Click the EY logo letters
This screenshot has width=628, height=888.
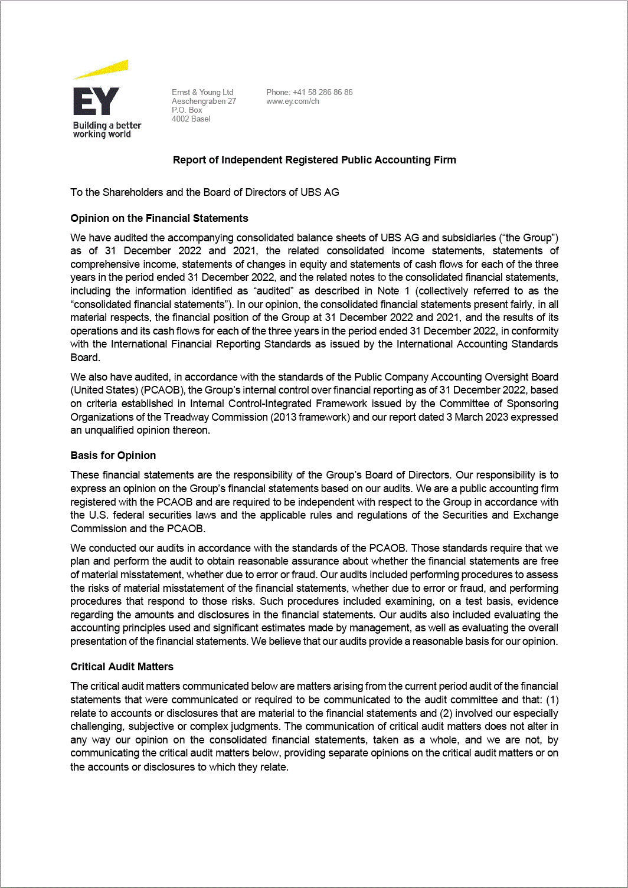pyautogui.click(x=96, y=101)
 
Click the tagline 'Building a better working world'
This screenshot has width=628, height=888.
pyautogui.click(x=107, y=130)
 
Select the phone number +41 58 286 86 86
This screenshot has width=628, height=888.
pyautogui.click(x=322, y=92)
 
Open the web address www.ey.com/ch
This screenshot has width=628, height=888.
pyautogui.click(x=293, y=101)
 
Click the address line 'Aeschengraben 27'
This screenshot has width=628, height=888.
pyautogui.click(x=204, y=101)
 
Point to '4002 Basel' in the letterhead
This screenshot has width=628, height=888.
pyautogui.click(x=191, y=119)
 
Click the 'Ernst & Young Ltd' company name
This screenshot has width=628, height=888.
pyautogui.click(x=202, y=92)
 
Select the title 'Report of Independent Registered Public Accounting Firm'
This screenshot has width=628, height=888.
pyautogui.click(x=314, y=160)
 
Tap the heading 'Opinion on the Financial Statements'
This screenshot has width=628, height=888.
pyautogui.click(x=159, y=218)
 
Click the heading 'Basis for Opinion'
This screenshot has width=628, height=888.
pyautogui.click(x=113, y=456)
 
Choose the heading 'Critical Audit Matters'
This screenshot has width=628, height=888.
pyautogui.click(x=122, y=667)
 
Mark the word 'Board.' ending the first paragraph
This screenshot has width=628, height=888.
pyautogui.click(x=85, y=358)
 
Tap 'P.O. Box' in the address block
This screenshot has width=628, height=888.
pyautogui.click(x=187, y=110)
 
